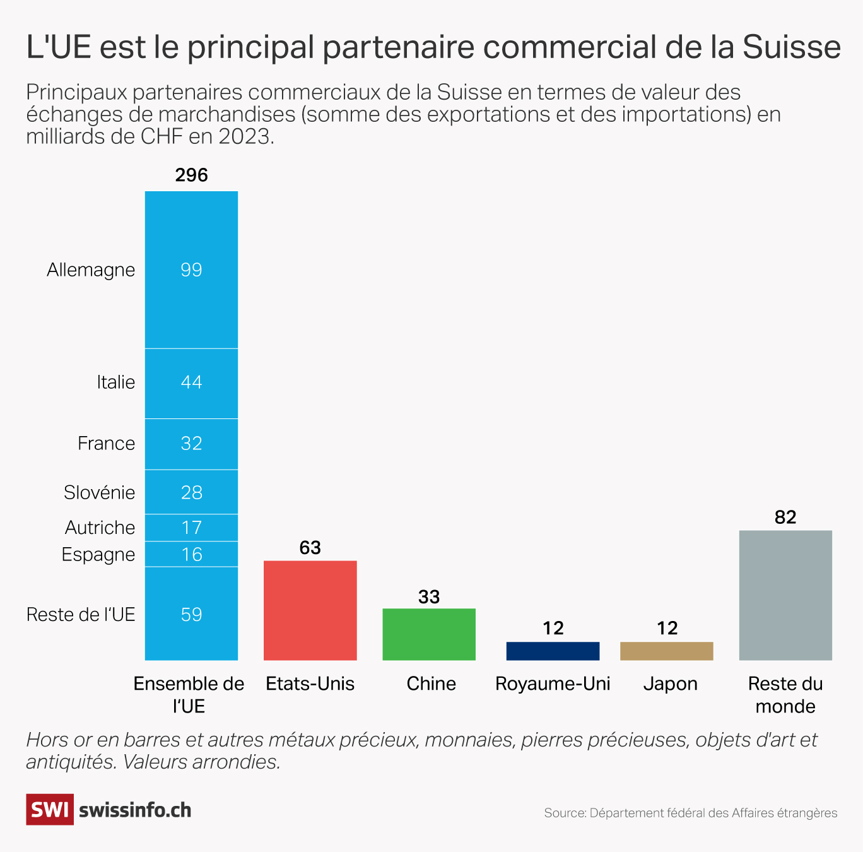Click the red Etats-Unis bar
[x=310, y=610]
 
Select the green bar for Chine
[x=429, y=634]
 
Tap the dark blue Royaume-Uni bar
[x=553, y=651]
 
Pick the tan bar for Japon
[x=667, y=651]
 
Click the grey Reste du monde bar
[x=785, y=595]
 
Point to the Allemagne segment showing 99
[x=191, y=269]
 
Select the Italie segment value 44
[x=191, y=382]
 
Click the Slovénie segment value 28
[x=191, y=492]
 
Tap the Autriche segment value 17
[x=191, y=528]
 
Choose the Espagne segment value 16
[x=191, y=554]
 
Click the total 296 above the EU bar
[x=191, y=175]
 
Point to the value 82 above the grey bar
[x=785, y=518]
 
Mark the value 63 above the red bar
[x=310, y=548]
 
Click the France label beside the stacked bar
[x=106, y=443]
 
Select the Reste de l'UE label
[x=81, y=614]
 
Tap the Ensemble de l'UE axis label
[x=189, y=694]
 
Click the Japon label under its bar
[x=670, y=683]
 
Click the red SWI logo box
[x=50, y=810]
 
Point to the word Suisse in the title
[x=791, y=47]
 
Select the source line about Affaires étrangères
[x=691, y=813]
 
